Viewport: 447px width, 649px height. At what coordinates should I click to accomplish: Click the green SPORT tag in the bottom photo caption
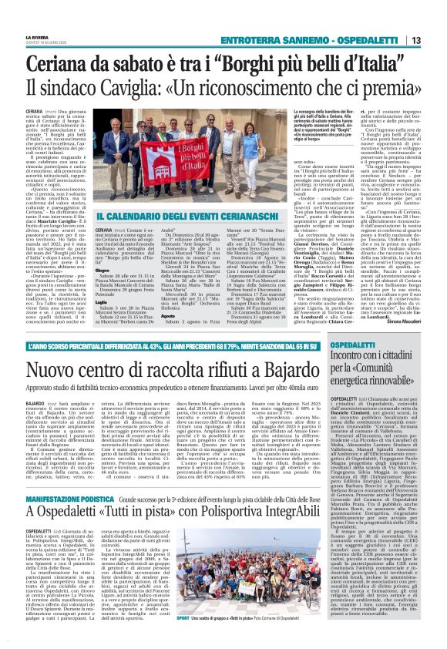click(183, 639)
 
